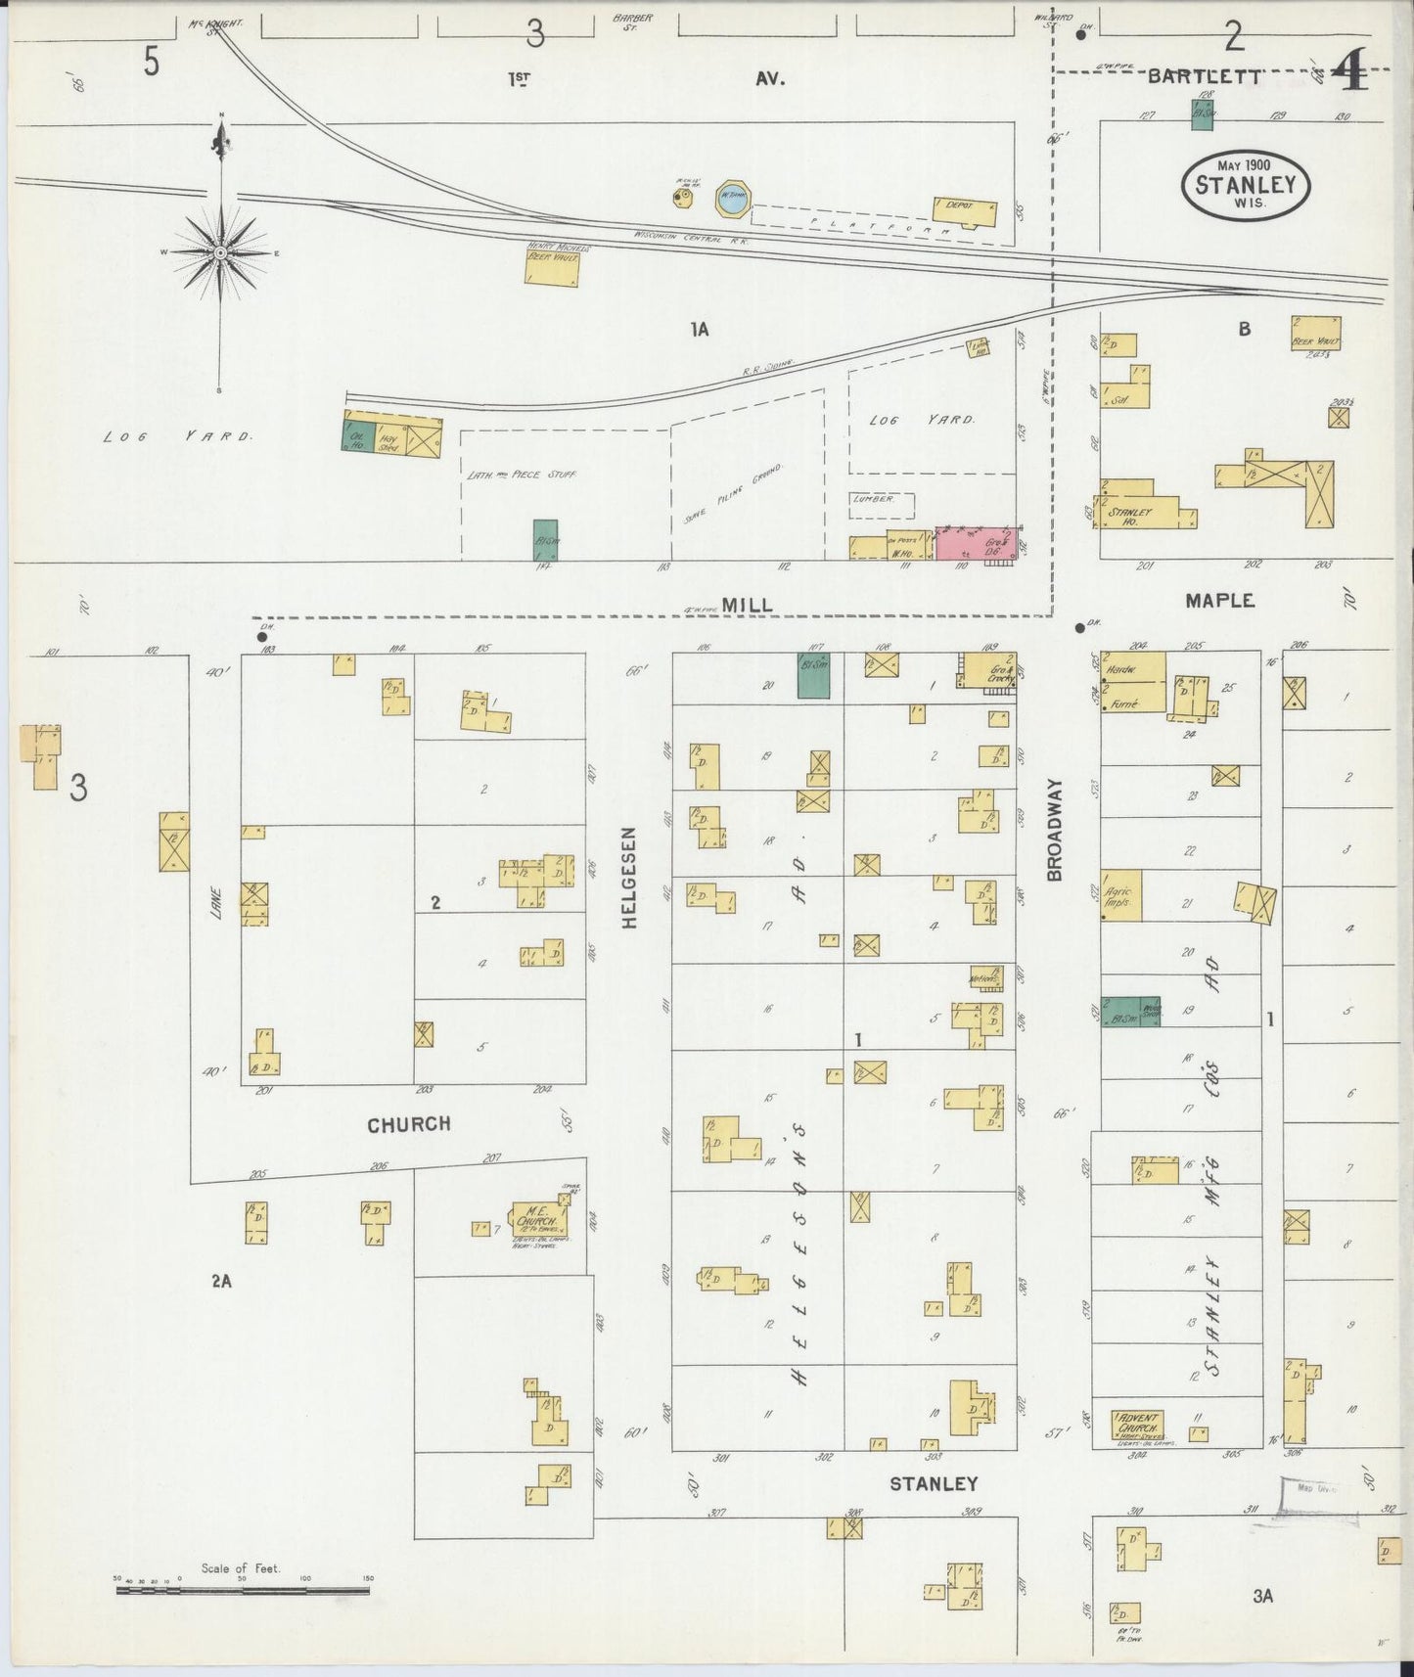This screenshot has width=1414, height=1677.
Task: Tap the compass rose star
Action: pos(221,252)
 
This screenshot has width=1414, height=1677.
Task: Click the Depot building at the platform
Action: pos(965,209)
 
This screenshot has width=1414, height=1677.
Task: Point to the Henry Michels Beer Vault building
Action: pos(552,264)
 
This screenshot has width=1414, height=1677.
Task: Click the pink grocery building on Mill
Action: pos(976,543)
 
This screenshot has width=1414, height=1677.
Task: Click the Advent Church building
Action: pos(1137,1425)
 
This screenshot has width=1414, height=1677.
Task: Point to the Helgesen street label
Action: pos(630,877)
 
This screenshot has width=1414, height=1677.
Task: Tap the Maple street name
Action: pos(1219,601)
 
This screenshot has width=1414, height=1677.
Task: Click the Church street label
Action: pos(409,1124)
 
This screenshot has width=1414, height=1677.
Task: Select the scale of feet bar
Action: pos(240,1591)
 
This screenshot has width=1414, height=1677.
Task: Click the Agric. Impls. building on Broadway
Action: pos(1121,895)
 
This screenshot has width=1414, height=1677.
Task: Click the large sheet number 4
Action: pos(1350,71)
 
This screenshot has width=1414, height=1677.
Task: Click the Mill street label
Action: pos(749,606)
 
